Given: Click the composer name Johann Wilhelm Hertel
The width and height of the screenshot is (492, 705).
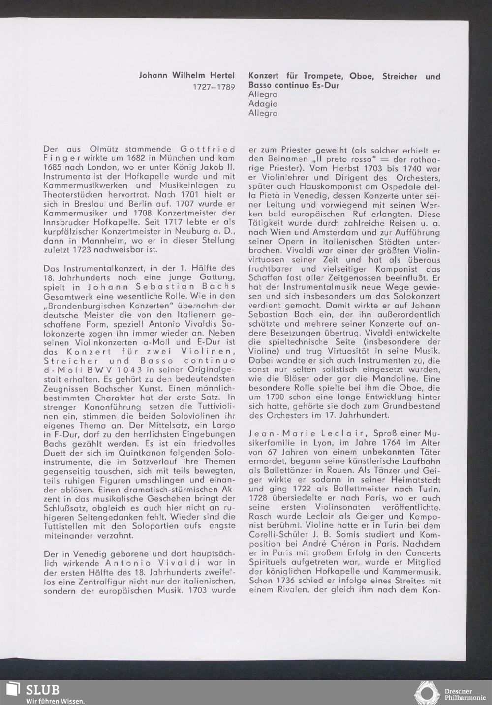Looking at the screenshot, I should click(x=187, y=76).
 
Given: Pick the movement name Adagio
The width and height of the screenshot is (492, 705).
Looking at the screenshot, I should click(x=263, y=104).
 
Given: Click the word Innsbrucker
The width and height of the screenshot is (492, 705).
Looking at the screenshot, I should click(x=66, y=222).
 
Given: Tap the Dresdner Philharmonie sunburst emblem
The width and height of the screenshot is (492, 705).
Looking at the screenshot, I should click(x=426, y=693).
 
